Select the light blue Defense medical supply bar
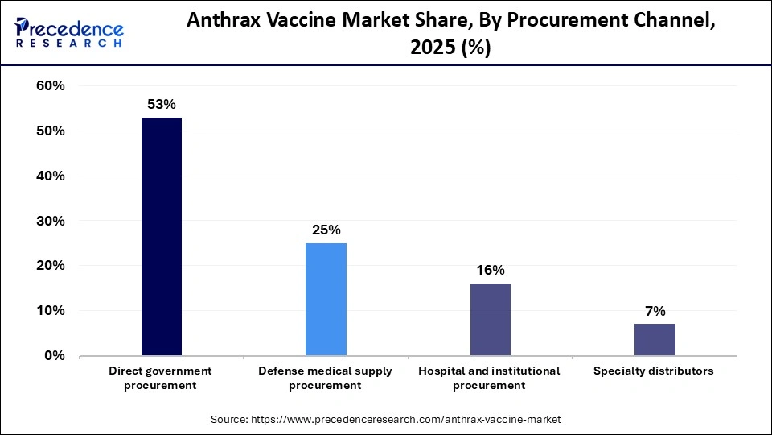(x=326, y=299)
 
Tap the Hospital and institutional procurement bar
(x=490, y=319)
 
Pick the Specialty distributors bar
(x=655, y=339)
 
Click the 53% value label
(x=162, y=105)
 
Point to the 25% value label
(x=326, y=230)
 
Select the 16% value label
(x=490, y=271)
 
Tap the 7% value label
(x=655, y=311)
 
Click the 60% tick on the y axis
(x=51, y=86)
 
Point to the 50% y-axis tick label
(x=51, y=131)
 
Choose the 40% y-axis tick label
(x=51, y=176)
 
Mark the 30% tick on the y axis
(x=51, y=221)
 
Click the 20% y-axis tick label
(x=51, y=266)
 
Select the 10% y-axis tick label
(x=51, y=311)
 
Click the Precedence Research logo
(x=69, y=32)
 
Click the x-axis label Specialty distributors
(x=654, y=371)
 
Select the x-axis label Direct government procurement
(x=162, y=378)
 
